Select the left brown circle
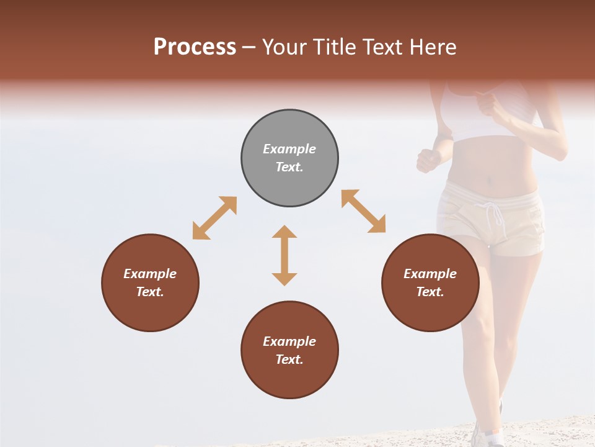click(150, 282)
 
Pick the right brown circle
click(430, 282)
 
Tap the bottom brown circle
click(289, 350)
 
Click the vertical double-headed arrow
click(284, 255)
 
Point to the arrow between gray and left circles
click(214, 218)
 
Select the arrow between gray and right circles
click(363, 211)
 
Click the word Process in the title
click(195, 47)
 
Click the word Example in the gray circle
click(289, 149)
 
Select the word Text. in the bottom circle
click(289, 359)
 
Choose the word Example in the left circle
click(150, 274)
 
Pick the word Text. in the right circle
click(430, 292)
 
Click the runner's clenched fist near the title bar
click(490, 104)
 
